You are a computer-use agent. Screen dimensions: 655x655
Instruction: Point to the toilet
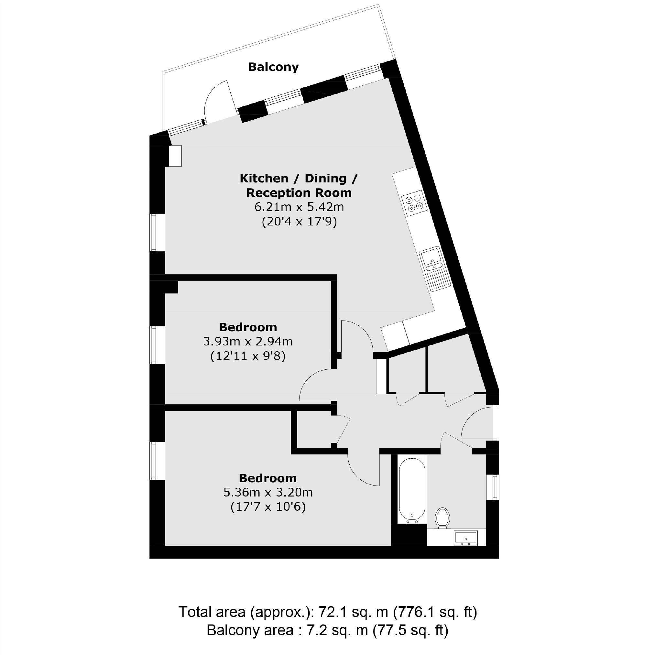(x=442, y=518)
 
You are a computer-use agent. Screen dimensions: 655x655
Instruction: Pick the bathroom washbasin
(x=465, y=538)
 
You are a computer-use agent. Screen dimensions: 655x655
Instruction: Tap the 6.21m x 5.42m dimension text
(x=299, y=207)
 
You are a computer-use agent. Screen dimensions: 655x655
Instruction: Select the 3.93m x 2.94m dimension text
(x=248, y=341)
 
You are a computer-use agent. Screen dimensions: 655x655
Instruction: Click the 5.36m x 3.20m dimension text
(x=268, y=492)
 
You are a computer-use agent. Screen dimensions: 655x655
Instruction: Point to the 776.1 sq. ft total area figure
(x=435, y=612)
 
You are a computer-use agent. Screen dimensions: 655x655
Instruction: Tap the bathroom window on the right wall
(x=496, y=487)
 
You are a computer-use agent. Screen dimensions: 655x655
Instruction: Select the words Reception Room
(x=299, y=193)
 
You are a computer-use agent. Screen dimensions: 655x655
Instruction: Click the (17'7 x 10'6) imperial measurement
(x=268, y=507)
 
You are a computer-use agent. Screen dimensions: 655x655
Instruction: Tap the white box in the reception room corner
(x=175, y=156)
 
